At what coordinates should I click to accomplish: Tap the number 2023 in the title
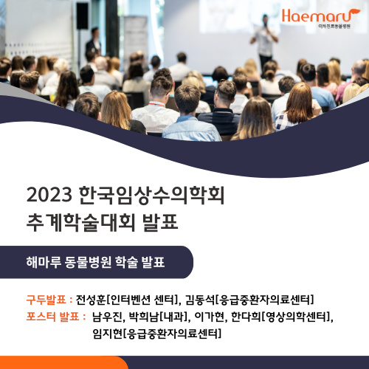(49, 195)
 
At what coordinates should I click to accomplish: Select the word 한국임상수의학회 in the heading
(152, 196)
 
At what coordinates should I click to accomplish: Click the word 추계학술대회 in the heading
(80, 222)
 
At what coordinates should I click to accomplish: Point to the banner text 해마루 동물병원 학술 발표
(95, 262)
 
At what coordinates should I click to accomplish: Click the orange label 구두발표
(46, 300)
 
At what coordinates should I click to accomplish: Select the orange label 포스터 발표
(52, 317)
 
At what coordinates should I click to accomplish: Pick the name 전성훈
(91, 300)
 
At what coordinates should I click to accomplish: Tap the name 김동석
(200, 300)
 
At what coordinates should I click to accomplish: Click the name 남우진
(107, 317)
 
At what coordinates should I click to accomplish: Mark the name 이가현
(209, 317)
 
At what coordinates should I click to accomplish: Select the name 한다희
(246, 317)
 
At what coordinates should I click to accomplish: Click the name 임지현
(108, 334)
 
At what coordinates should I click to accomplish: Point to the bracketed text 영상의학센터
(295, 317)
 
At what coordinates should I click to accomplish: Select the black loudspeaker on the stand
(82, 16)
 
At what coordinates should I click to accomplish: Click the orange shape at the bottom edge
(64, 362)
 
